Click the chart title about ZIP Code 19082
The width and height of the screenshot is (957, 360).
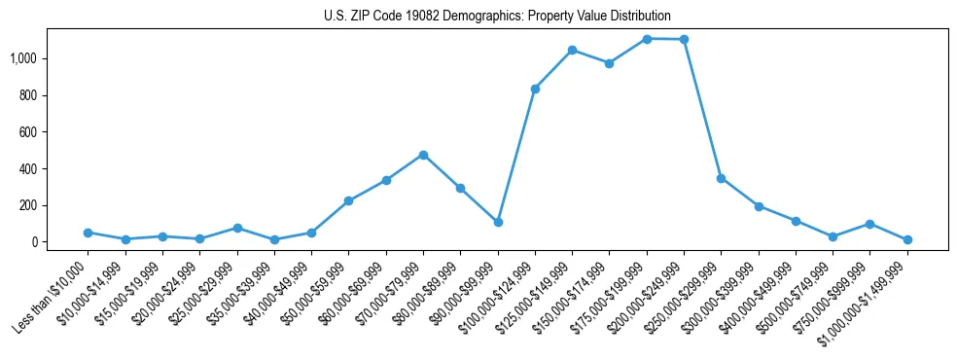497,16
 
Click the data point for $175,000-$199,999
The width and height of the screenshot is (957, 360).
647,39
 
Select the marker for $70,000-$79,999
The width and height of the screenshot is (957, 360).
423,155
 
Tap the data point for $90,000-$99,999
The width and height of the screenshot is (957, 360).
498,222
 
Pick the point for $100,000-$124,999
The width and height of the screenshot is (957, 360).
535,89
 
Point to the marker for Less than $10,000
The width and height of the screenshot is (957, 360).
88,233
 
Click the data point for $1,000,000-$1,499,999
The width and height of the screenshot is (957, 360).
907,239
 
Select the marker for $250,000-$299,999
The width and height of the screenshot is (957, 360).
721,178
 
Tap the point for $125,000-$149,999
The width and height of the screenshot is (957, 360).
572,50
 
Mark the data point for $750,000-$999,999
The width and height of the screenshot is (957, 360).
870,224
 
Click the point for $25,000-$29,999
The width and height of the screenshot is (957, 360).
237,228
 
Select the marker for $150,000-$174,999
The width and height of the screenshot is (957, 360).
609,63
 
